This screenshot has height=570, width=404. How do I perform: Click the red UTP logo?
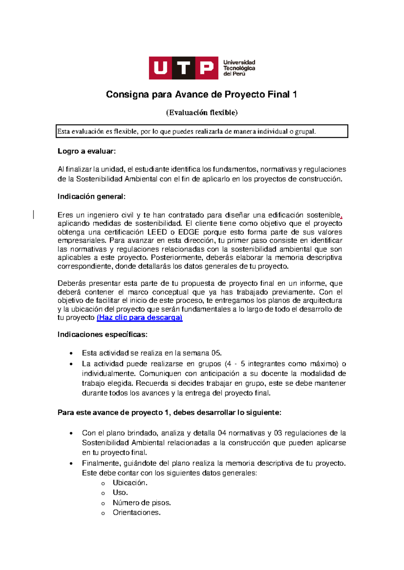coord(183,68)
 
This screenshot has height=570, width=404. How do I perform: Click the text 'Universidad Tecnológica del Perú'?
coord(239,68)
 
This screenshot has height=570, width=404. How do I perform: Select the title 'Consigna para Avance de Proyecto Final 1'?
coord(201,94)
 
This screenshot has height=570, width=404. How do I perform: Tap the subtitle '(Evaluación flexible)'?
coord(202,113)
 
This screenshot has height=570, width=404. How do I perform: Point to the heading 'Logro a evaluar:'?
coord(87,151)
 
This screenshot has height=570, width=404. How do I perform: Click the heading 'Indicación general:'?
coord(91,197)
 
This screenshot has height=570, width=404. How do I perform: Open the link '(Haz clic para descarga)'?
coord(139,318)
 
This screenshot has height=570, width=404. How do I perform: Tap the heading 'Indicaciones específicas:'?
coord(102,335)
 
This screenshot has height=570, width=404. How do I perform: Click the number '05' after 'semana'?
coord(216,353)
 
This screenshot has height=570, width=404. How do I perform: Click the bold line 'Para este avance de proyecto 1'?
coord(169,413)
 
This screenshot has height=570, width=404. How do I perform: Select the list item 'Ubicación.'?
coord(130,483)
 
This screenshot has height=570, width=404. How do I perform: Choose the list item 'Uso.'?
coord(120,493)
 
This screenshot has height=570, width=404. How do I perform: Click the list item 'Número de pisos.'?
coord(142,503)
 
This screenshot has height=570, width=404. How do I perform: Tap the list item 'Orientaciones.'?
coord(136,513)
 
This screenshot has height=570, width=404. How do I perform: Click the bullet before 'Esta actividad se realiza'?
coord(71,353)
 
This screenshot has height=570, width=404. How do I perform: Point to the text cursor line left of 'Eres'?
coord(33,214)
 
